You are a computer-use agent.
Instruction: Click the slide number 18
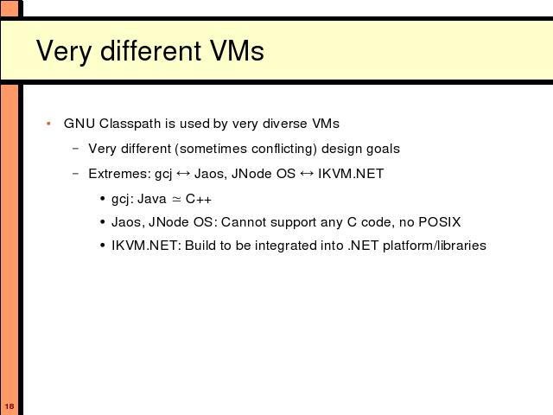[x=10, y=406]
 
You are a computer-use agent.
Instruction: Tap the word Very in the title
[x=64, y=52]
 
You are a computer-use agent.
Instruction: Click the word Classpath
[x=130, y=124]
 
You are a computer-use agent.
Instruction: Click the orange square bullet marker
[x=48, y=124]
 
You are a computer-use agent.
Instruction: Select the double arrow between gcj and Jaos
[x=183, y=173]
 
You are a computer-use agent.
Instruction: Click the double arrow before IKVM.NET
[x=307, y=173]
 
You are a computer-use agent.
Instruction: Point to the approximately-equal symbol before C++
[x=176, y=200]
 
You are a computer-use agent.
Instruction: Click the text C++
[x=199, y=199]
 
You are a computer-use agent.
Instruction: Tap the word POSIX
[x=440, y=222]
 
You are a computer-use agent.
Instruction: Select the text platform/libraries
[x=435, y=246]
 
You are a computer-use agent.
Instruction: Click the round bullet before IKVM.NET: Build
[x=103, y=246]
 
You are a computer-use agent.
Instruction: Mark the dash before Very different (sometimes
[x=75, y=149]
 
